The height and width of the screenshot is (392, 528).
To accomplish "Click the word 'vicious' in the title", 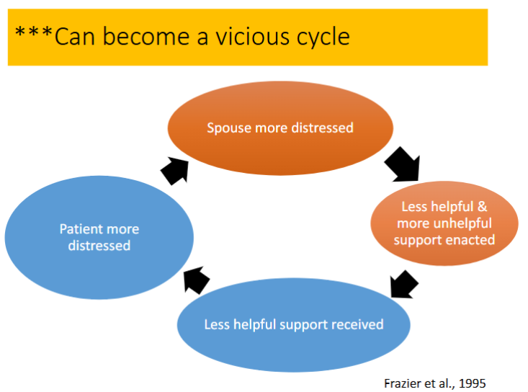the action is (252, 36).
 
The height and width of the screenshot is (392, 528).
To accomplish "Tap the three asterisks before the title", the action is (34, 32).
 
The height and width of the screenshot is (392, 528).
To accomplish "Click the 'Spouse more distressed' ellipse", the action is (280, 128).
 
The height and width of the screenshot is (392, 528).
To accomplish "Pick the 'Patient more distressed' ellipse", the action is (99, 237).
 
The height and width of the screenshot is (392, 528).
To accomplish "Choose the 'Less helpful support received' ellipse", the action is (294, 325).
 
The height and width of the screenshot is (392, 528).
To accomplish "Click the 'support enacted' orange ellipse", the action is (444, 223).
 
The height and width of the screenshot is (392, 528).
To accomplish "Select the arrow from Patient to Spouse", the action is (175, 171).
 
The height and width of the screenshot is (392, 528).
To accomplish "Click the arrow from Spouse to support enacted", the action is (403, 164).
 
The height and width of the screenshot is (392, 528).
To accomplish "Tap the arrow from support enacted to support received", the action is (404, 284).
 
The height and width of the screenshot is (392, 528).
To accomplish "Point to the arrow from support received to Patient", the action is (197, 280).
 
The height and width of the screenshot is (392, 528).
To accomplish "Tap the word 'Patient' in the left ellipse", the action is (80, 229).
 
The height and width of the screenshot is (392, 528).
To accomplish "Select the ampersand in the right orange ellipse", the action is (482, 207).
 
